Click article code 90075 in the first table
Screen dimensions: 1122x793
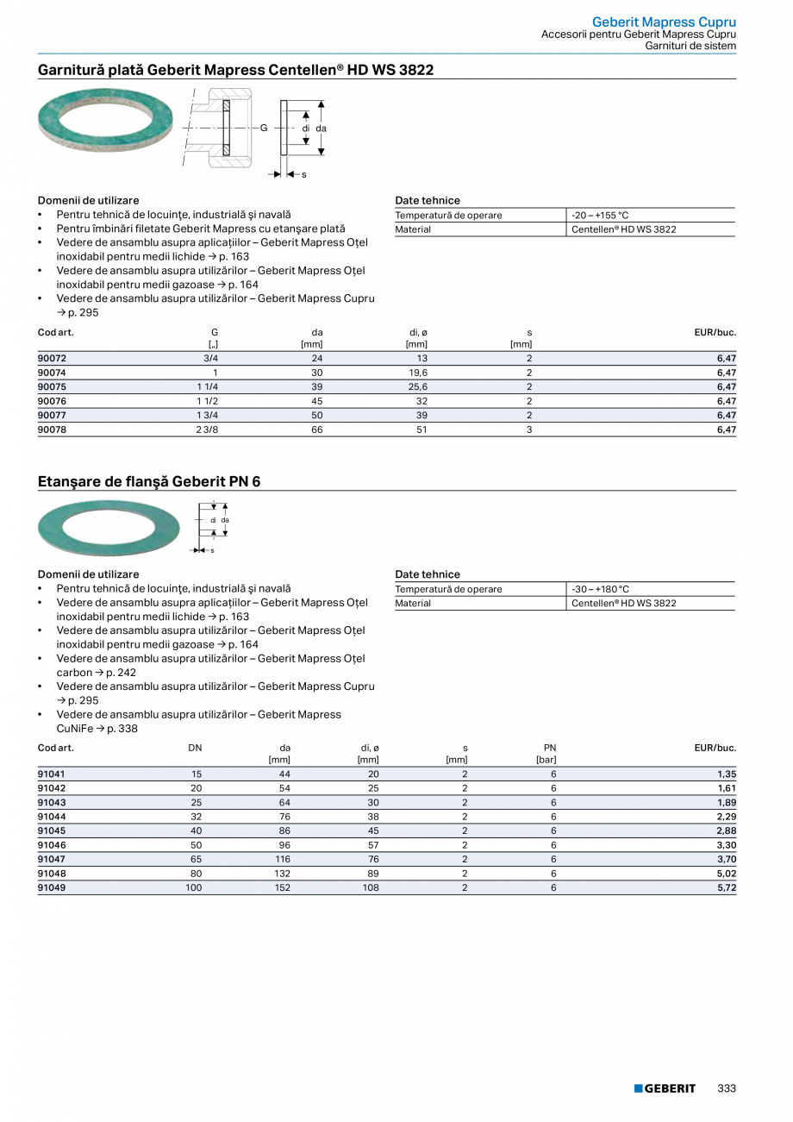pyautogui.click(x=52, y=387)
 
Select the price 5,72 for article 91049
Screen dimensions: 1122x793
pyautogui.click(x=726, y=887)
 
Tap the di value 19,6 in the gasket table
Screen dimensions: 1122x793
pyautogui.click(x=418, y=373)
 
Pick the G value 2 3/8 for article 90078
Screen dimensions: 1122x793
pyautogui.click(x=207, y=429)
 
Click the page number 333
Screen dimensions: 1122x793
pyautogui.click(x=727, y=1088)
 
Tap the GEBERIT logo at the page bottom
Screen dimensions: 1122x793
pyautogui.click(x=665, y=1088)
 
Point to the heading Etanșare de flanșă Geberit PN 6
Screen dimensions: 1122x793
pyautogui.click(x=149, y=481)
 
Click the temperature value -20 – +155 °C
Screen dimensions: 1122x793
pyautogui.click(x=600, y=216)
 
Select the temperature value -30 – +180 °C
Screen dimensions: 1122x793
pyautogui.click(x=600, y=590)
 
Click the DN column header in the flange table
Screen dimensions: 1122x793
pyautogui.click(x=195, y=748)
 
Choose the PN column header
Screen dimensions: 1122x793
pyautogui.click(x=549, y=748)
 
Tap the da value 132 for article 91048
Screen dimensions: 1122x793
pyautogui.click(x=282, y=874)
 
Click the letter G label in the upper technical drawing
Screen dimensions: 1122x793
pyautogui.click(x=265, y=128)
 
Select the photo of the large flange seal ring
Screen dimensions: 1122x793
pyautogui.click(x=109, y=527)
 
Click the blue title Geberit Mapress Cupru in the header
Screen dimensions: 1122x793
pyautogui.click(x=664, y=22)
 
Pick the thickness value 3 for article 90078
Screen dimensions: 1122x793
pyautogui.click(x=528, y=429)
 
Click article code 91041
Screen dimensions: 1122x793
pyautogui.click(x=52, y=774)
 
